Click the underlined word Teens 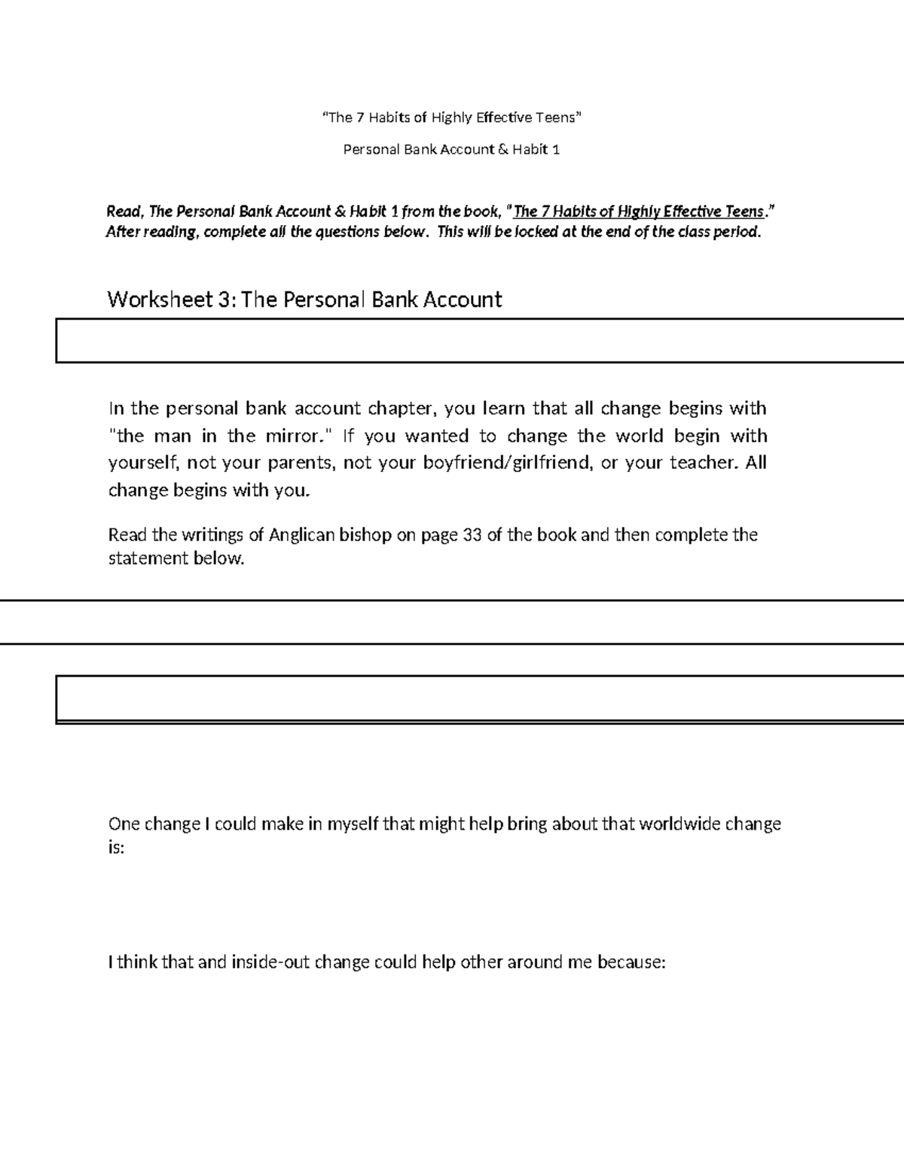(x=744, y=212)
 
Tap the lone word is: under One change (x=116, y=848)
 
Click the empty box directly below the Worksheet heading (x=479, y=341)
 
